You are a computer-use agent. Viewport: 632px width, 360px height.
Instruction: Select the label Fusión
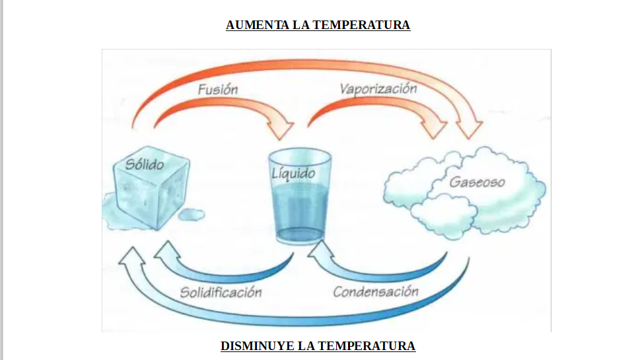217,89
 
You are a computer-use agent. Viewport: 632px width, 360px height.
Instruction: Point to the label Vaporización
378,88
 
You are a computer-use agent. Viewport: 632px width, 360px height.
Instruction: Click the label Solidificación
221,292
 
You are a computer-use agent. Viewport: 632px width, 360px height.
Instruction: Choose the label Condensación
375,291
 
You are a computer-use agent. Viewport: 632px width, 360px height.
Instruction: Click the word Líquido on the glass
293,174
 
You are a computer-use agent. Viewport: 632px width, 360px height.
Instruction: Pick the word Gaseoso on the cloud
477,182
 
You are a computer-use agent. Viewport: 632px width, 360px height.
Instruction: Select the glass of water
300,198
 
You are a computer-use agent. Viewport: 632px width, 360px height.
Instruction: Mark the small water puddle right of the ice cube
192,214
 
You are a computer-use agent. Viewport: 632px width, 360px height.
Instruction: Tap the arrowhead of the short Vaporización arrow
435,126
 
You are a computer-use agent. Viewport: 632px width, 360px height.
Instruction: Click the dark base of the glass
298,235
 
